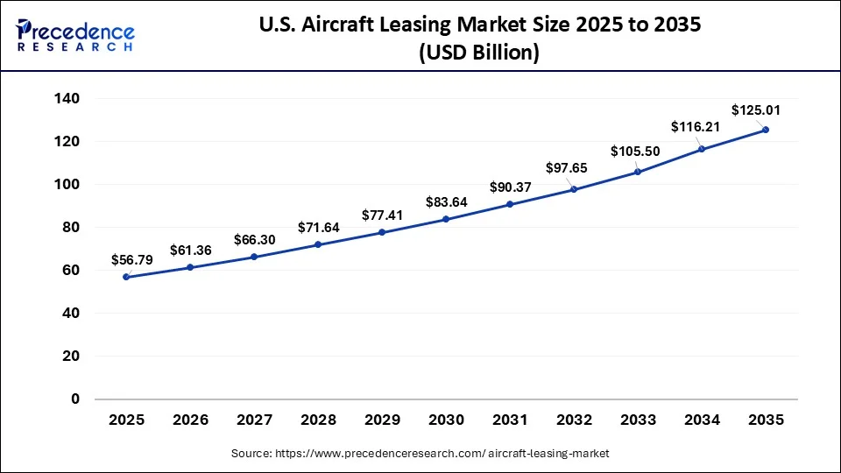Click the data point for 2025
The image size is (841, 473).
(126, 277)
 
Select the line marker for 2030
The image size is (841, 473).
(446, 219)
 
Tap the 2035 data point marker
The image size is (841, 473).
(766, 130)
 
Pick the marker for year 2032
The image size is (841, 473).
(574, 189)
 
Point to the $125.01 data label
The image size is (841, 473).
(757, 110)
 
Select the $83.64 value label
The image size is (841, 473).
(447, 201)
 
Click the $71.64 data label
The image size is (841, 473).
(319, 227)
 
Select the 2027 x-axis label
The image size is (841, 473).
(254, 420)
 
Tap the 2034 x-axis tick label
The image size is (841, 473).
(702, 420)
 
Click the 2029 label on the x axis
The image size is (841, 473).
(382, 420)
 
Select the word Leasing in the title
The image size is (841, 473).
(439, 25)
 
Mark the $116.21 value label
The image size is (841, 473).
(695, 127)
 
